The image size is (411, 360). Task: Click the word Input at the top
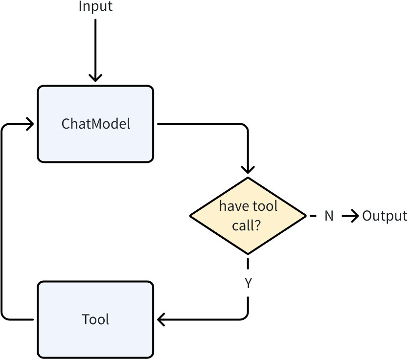pos(95,7)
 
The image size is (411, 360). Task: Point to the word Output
pos(385,216)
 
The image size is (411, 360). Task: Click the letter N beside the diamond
pos(329,216)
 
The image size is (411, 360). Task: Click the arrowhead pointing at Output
pos(355,216)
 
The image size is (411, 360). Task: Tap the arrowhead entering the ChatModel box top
pos(95,78)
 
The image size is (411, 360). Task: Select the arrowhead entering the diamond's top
pos(248,169)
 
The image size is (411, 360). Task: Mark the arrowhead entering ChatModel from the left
pos(30,124)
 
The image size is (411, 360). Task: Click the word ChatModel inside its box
pos(96,124)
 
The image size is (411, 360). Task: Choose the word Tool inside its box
pos(96,319)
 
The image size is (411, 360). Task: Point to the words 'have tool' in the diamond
pos(248,206)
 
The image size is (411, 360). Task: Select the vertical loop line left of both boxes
pos(2,220)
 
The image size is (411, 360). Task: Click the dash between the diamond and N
pos(311,216)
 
